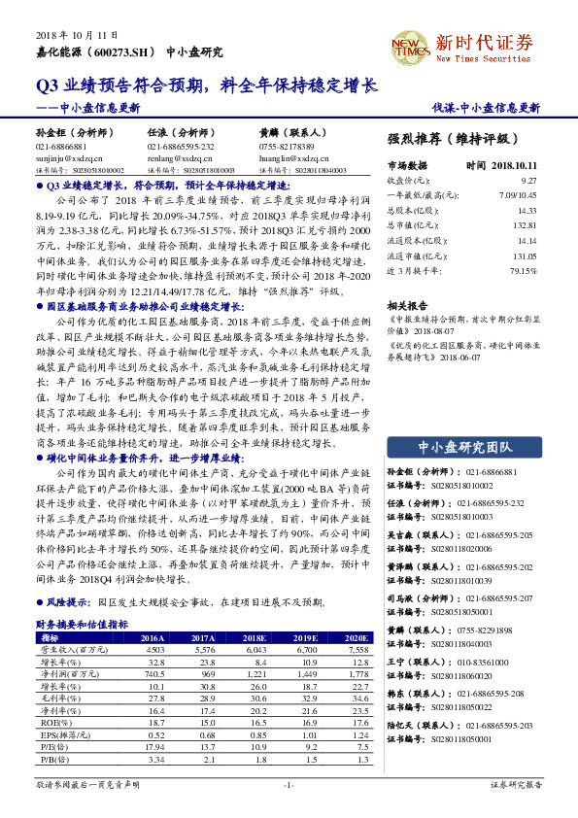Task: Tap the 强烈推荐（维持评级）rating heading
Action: click(453, 138)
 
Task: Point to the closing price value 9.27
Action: click(528, 181)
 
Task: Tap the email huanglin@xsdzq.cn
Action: click(291, 156)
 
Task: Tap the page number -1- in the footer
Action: click(288, 783)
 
